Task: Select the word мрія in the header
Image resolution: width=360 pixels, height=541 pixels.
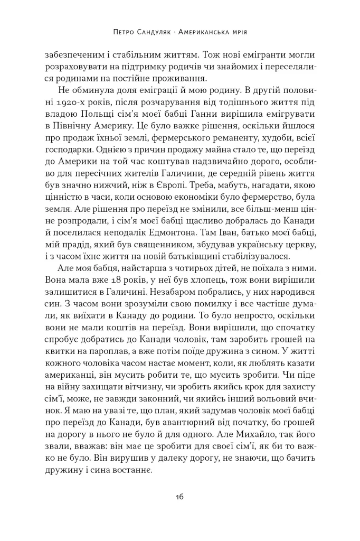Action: (x=238, y=32)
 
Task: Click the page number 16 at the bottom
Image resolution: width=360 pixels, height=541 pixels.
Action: (x=179, y=497)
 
